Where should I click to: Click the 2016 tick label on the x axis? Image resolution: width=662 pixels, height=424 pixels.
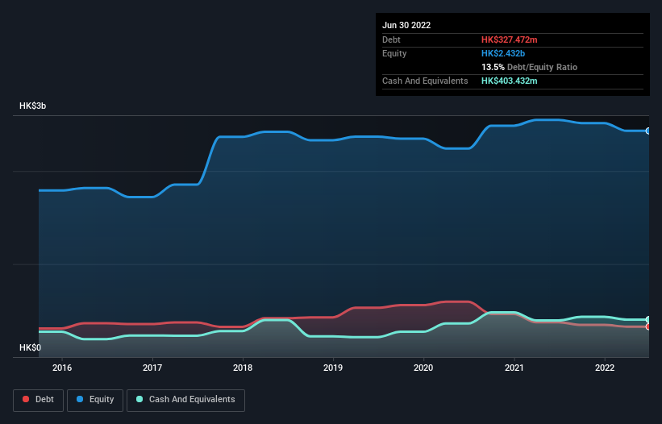62,368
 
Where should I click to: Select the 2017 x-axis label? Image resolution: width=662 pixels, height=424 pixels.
152,368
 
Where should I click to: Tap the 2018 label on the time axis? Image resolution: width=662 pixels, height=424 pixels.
243,368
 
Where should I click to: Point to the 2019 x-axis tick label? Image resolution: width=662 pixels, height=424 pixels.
333,368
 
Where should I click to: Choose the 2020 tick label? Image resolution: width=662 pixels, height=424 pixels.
423,368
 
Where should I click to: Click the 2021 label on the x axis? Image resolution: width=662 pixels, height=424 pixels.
514,368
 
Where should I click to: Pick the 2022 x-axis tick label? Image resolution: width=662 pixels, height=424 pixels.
604,368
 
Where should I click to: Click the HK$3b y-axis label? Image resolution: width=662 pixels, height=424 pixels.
33,106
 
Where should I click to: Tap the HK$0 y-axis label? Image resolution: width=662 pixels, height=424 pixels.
31,347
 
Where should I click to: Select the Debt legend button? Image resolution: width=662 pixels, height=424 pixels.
39,400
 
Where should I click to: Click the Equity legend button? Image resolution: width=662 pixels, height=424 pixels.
95,400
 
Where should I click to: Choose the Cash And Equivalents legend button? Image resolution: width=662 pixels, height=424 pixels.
185,400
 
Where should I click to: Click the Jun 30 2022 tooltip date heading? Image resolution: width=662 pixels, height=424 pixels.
406,25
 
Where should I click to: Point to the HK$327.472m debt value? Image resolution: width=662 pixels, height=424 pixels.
509,39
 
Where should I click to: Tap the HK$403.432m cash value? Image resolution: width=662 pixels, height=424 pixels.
510,81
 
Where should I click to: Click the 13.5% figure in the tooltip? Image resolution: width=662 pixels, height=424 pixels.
493,67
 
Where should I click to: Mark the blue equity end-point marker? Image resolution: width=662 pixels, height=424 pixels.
648,131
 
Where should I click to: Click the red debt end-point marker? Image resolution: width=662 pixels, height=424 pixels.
648,326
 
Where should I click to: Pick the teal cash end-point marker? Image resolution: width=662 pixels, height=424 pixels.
648,319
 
